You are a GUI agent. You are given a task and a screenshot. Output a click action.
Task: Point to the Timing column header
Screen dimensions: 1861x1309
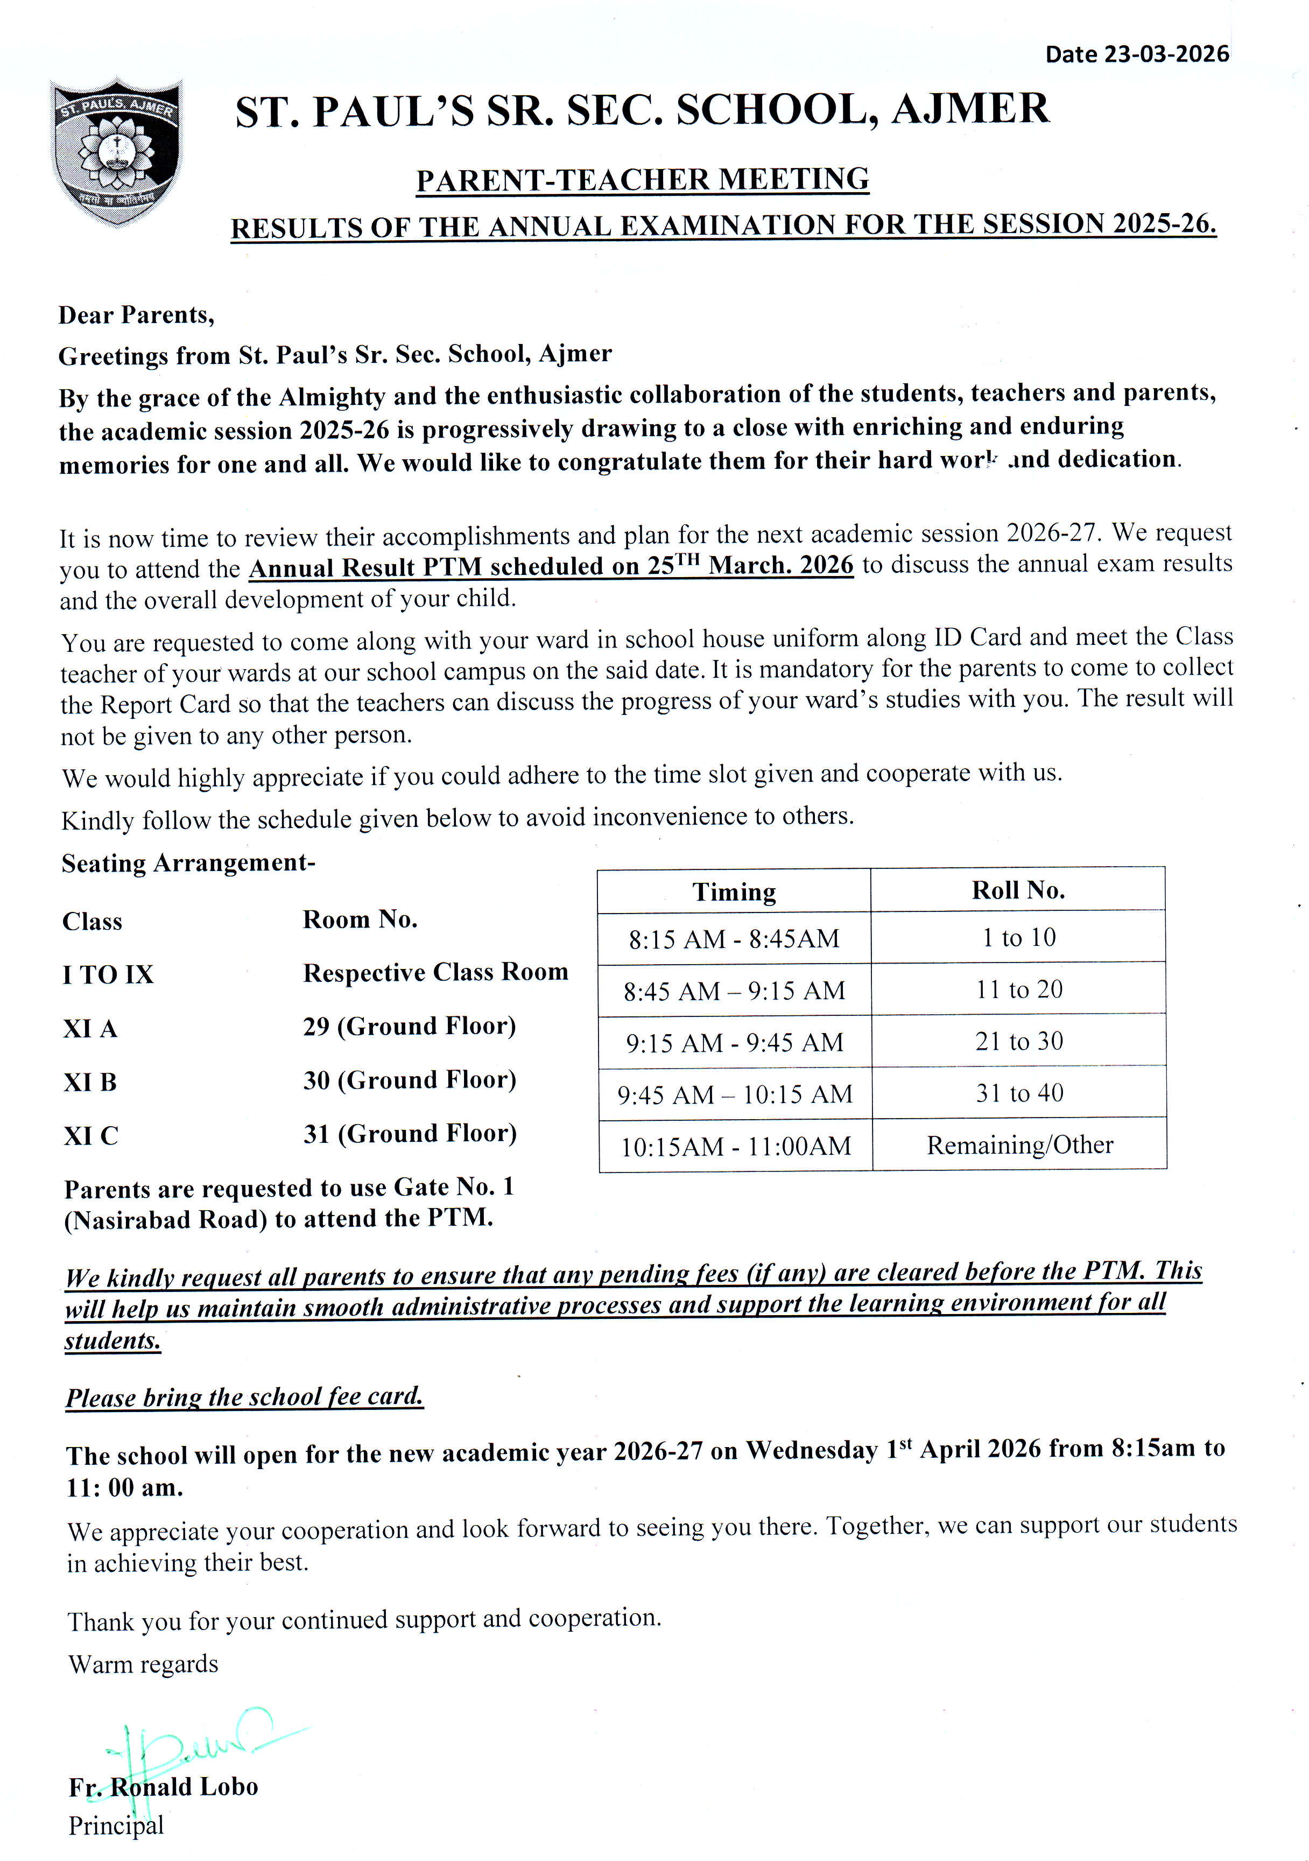tap(734, 891)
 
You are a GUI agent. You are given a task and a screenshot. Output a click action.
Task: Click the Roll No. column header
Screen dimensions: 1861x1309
tap(1018, 890)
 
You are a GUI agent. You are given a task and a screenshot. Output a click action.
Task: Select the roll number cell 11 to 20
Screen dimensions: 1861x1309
tap(1019, 989)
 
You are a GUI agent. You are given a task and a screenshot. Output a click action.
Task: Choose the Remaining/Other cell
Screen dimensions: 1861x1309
tap(1019, 1144)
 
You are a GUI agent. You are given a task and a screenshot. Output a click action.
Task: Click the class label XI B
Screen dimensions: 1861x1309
tap(90, 1082)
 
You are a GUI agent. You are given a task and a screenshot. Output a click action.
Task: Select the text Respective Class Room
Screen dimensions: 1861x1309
tap(435, 972)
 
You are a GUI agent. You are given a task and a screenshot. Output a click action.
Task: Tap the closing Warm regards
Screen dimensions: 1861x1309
tap(144, 1663)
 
